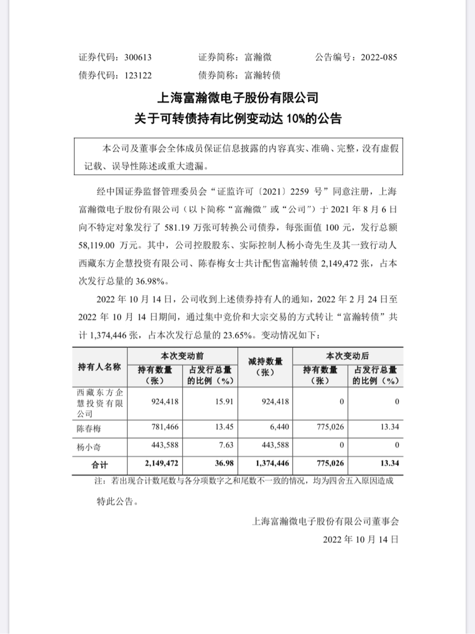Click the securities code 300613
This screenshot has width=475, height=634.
click(138, 58)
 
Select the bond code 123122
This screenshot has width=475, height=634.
click(138, 75)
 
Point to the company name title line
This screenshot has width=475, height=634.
click(238, 98)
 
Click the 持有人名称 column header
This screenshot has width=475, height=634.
click(99, 367)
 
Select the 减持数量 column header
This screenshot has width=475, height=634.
click(265, 367)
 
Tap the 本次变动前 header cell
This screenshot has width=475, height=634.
click(182, 356)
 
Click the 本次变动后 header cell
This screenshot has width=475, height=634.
click(347, 356)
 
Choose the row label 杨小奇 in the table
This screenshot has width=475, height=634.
click(89, 447)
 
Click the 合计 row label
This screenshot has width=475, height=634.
click(99, 465)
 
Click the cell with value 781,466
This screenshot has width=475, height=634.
click(165, 427)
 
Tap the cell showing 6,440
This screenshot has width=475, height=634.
click(279, 427)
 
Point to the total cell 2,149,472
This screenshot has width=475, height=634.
click(161, 463)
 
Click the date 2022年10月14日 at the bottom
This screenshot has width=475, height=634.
click(360, 539)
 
